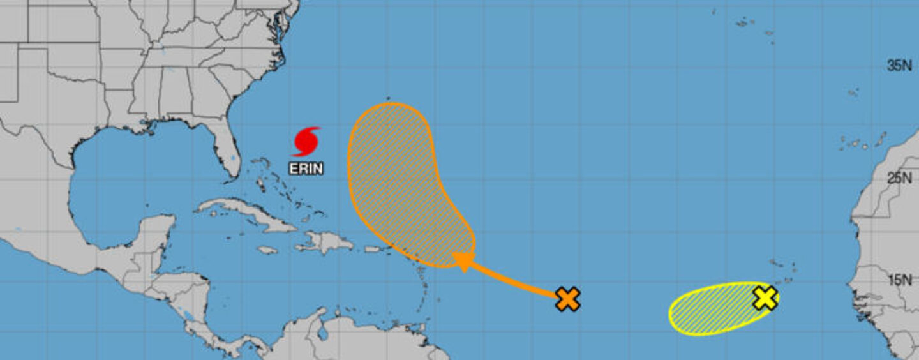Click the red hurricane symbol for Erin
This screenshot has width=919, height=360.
306,142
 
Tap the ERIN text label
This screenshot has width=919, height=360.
306,169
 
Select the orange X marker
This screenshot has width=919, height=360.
567,298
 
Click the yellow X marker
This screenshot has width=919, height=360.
765,297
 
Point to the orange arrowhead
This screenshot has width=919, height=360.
463,260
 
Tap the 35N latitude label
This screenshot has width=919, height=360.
899,66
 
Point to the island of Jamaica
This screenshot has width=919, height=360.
267,250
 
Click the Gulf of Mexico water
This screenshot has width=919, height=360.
128,185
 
